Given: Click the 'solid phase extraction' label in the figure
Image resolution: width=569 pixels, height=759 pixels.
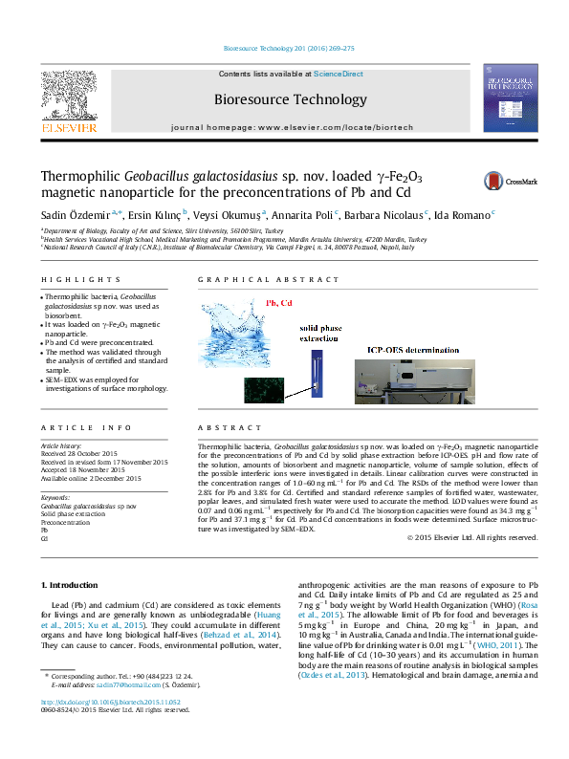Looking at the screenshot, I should (317, 334).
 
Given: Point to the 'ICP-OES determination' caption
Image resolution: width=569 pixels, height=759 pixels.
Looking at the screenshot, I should (412, 350).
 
